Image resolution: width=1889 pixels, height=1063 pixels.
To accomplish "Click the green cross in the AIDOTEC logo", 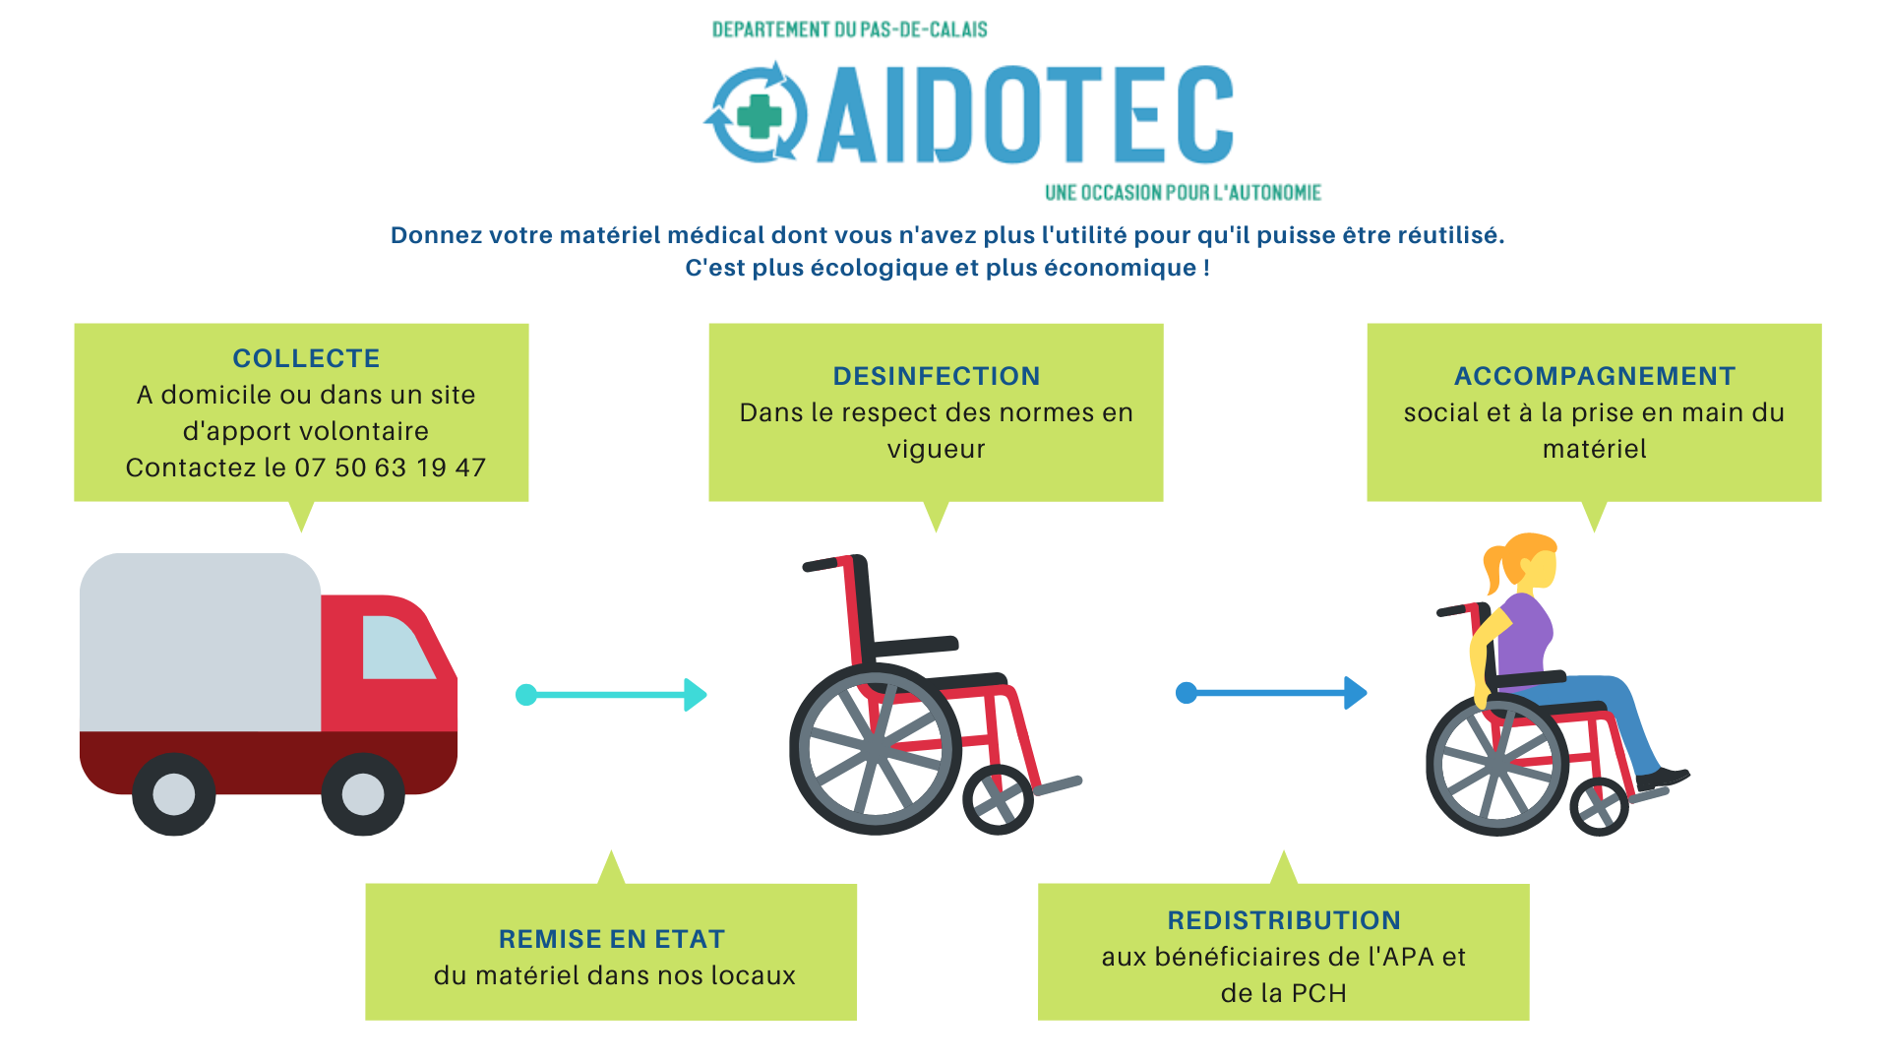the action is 759,116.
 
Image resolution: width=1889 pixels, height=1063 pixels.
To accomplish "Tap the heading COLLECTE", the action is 306,358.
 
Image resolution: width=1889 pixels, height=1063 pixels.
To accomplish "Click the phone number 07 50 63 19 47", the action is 391,468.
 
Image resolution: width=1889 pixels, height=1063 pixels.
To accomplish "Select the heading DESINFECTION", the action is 937,376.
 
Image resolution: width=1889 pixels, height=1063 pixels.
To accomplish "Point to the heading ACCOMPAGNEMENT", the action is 1595,376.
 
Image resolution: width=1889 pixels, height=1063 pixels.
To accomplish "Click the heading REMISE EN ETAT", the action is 612,939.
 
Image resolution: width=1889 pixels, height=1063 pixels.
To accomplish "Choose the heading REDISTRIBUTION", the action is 1284,920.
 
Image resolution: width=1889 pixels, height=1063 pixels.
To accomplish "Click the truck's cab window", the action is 396,648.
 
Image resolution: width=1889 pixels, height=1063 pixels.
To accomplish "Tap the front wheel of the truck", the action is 363,794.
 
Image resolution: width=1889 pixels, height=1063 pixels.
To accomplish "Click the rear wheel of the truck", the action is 174,794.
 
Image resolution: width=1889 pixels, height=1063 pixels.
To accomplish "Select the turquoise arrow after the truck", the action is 612,695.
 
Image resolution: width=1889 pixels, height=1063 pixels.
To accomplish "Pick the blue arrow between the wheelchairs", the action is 1271,693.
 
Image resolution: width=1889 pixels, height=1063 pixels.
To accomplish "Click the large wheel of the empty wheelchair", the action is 875,750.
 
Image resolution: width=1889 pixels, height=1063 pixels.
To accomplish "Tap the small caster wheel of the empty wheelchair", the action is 998,799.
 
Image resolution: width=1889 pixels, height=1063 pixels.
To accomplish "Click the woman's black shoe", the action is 1663,779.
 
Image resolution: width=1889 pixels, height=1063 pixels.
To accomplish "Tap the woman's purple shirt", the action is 1525,635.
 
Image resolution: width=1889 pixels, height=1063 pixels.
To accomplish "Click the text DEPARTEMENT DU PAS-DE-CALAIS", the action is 850,30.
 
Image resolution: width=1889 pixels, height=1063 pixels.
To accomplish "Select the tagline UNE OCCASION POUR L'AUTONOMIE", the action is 1183,193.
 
